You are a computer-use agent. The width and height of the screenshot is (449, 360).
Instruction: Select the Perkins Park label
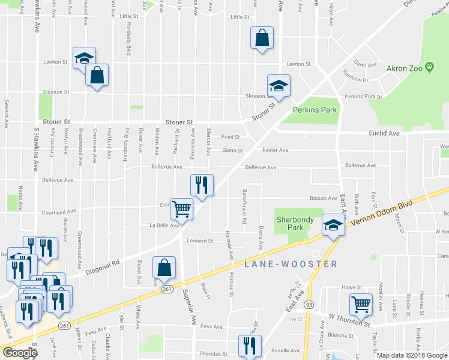315,110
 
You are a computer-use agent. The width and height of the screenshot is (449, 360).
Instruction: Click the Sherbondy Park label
295,223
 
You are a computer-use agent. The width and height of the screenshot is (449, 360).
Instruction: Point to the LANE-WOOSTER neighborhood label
291,264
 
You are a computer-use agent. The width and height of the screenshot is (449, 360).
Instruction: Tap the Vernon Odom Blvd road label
384,214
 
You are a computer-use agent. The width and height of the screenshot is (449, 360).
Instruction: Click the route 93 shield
309,304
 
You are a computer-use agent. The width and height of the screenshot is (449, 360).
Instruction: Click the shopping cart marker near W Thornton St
361,304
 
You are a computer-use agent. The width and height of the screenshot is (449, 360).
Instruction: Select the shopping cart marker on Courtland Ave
181,208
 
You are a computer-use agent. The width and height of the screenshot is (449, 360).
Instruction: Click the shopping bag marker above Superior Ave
164,268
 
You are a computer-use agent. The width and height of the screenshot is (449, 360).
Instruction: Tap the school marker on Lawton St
84,57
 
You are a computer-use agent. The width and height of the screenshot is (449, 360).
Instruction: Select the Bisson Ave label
323,198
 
